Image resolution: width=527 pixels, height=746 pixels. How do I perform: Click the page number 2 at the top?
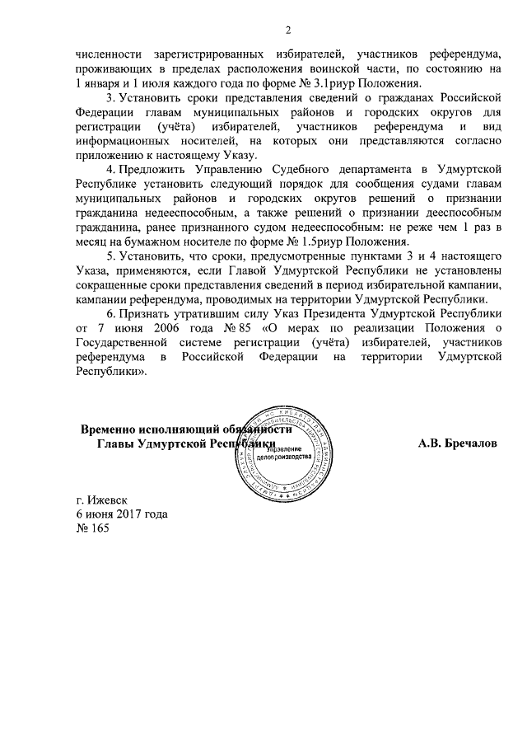click(288, 30)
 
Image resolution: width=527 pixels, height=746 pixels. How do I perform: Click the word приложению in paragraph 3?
click(108, 152)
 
